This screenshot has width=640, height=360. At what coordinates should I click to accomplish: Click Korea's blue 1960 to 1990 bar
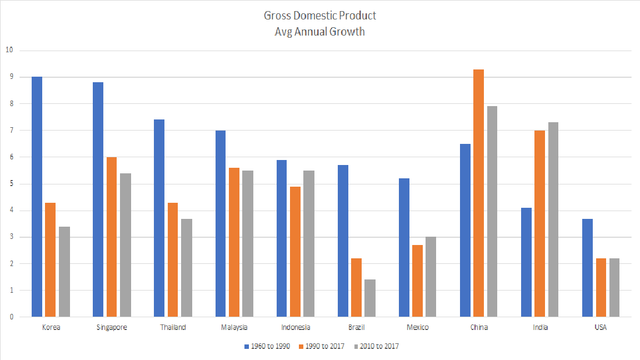pyautogui.click(x=37, y=197)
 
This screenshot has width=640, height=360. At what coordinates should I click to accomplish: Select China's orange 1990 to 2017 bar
pyautogui.click(x=478, y=193)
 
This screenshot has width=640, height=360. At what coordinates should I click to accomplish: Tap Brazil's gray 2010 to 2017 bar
pyautogui.click(x=370, y=298)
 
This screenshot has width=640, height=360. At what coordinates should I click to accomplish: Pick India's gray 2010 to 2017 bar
pyautogui.click(x=553, y=219)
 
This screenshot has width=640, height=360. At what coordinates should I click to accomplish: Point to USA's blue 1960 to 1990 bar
pyautogui.click(x=587, y=268)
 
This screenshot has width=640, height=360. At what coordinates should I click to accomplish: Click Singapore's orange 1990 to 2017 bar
pyautogui.click(x=112, y=237)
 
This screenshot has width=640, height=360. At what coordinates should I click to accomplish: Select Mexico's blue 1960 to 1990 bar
pyautogui.click(x=404, y=248)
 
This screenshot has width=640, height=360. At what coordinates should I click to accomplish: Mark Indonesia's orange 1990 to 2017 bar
pyautogui.click(x=295, y=252)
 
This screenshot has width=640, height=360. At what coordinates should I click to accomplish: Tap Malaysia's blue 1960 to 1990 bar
pyautogui.click(x=221, y=224)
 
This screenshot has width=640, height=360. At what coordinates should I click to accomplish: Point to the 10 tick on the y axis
pyautogui.click(x=9, y=51)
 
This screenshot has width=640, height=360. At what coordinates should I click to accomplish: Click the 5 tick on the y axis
pyautogui.click(x=11, y=184)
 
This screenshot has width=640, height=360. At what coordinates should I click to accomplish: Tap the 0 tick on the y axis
pyautogui.click(x=11, y=317)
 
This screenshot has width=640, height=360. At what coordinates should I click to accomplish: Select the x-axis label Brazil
pyautogui.click(x=357, y=327)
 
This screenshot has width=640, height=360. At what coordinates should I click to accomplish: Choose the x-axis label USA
pyautogui.click(x=601, y=327)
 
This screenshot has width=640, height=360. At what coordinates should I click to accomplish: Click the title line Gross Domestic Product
pyautogui.click(x=320, y=16)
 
